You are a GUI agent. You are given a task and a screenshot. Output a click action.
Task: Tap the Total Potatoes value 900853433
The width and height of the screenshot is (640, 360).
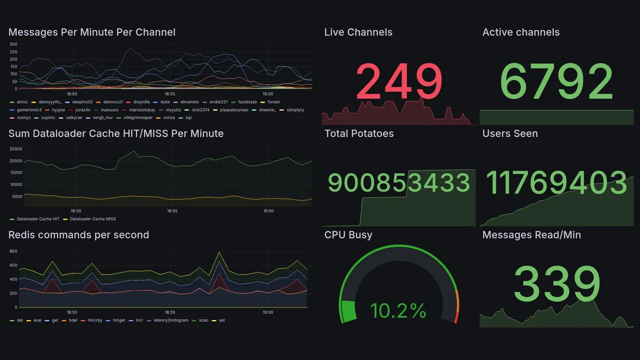pos(398,183)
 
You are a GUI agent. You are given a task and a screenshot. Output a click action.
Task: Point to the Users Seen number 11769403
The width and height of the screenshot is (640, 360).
pos(556,183)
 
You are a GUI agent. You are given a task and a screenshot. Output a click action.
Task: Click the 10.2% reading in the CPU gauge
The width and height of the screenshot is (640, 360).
pos(398,311)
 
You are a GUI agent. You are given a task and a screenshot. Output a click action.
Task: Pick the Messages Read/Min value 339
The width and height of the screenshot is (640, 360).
pos(556,284)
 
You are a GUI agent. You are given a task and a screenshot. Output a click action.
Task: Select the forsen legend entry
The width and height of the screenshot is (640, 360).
pos(273,102)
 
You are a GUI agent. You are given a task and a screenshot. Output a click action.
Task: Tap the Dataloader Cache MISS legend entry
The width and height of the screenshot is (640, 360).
pos(93,219)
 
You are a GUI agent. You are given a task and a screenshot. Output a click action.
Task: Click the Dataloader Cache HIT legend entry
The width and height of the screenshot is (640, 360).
pos(38,219)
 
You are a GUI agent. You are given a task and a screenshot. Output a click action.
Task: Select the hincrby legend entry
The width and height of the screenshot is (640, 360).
pos(94,320)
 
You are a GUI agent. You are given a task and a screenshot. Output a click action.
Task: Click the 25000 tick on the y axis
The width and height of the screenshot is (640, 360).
pos(16,149)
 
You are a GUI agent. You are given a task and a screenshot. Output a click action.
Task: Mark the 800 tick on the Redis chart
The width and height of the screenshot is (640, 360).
pos(13,251)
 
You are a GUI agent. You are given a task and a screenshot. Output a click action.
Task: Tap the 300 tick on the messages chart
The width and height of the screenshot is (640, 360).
pos(13,44)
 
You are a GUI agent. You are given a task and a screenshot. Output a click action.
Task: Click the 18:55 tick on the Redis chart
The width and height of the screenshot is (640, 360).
pos(170,312)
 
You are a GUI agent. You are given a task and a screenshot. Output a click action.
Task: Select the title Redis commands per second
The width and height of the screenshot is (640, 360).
pos(78,235)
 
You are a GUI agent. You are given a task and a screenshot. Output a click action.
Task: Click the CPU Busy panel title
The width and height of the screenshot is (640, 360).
pos(348,235)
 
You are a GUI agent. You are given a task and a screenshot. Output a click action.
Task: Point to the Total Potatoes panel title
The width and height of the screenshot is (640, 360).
pos(358,133)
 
